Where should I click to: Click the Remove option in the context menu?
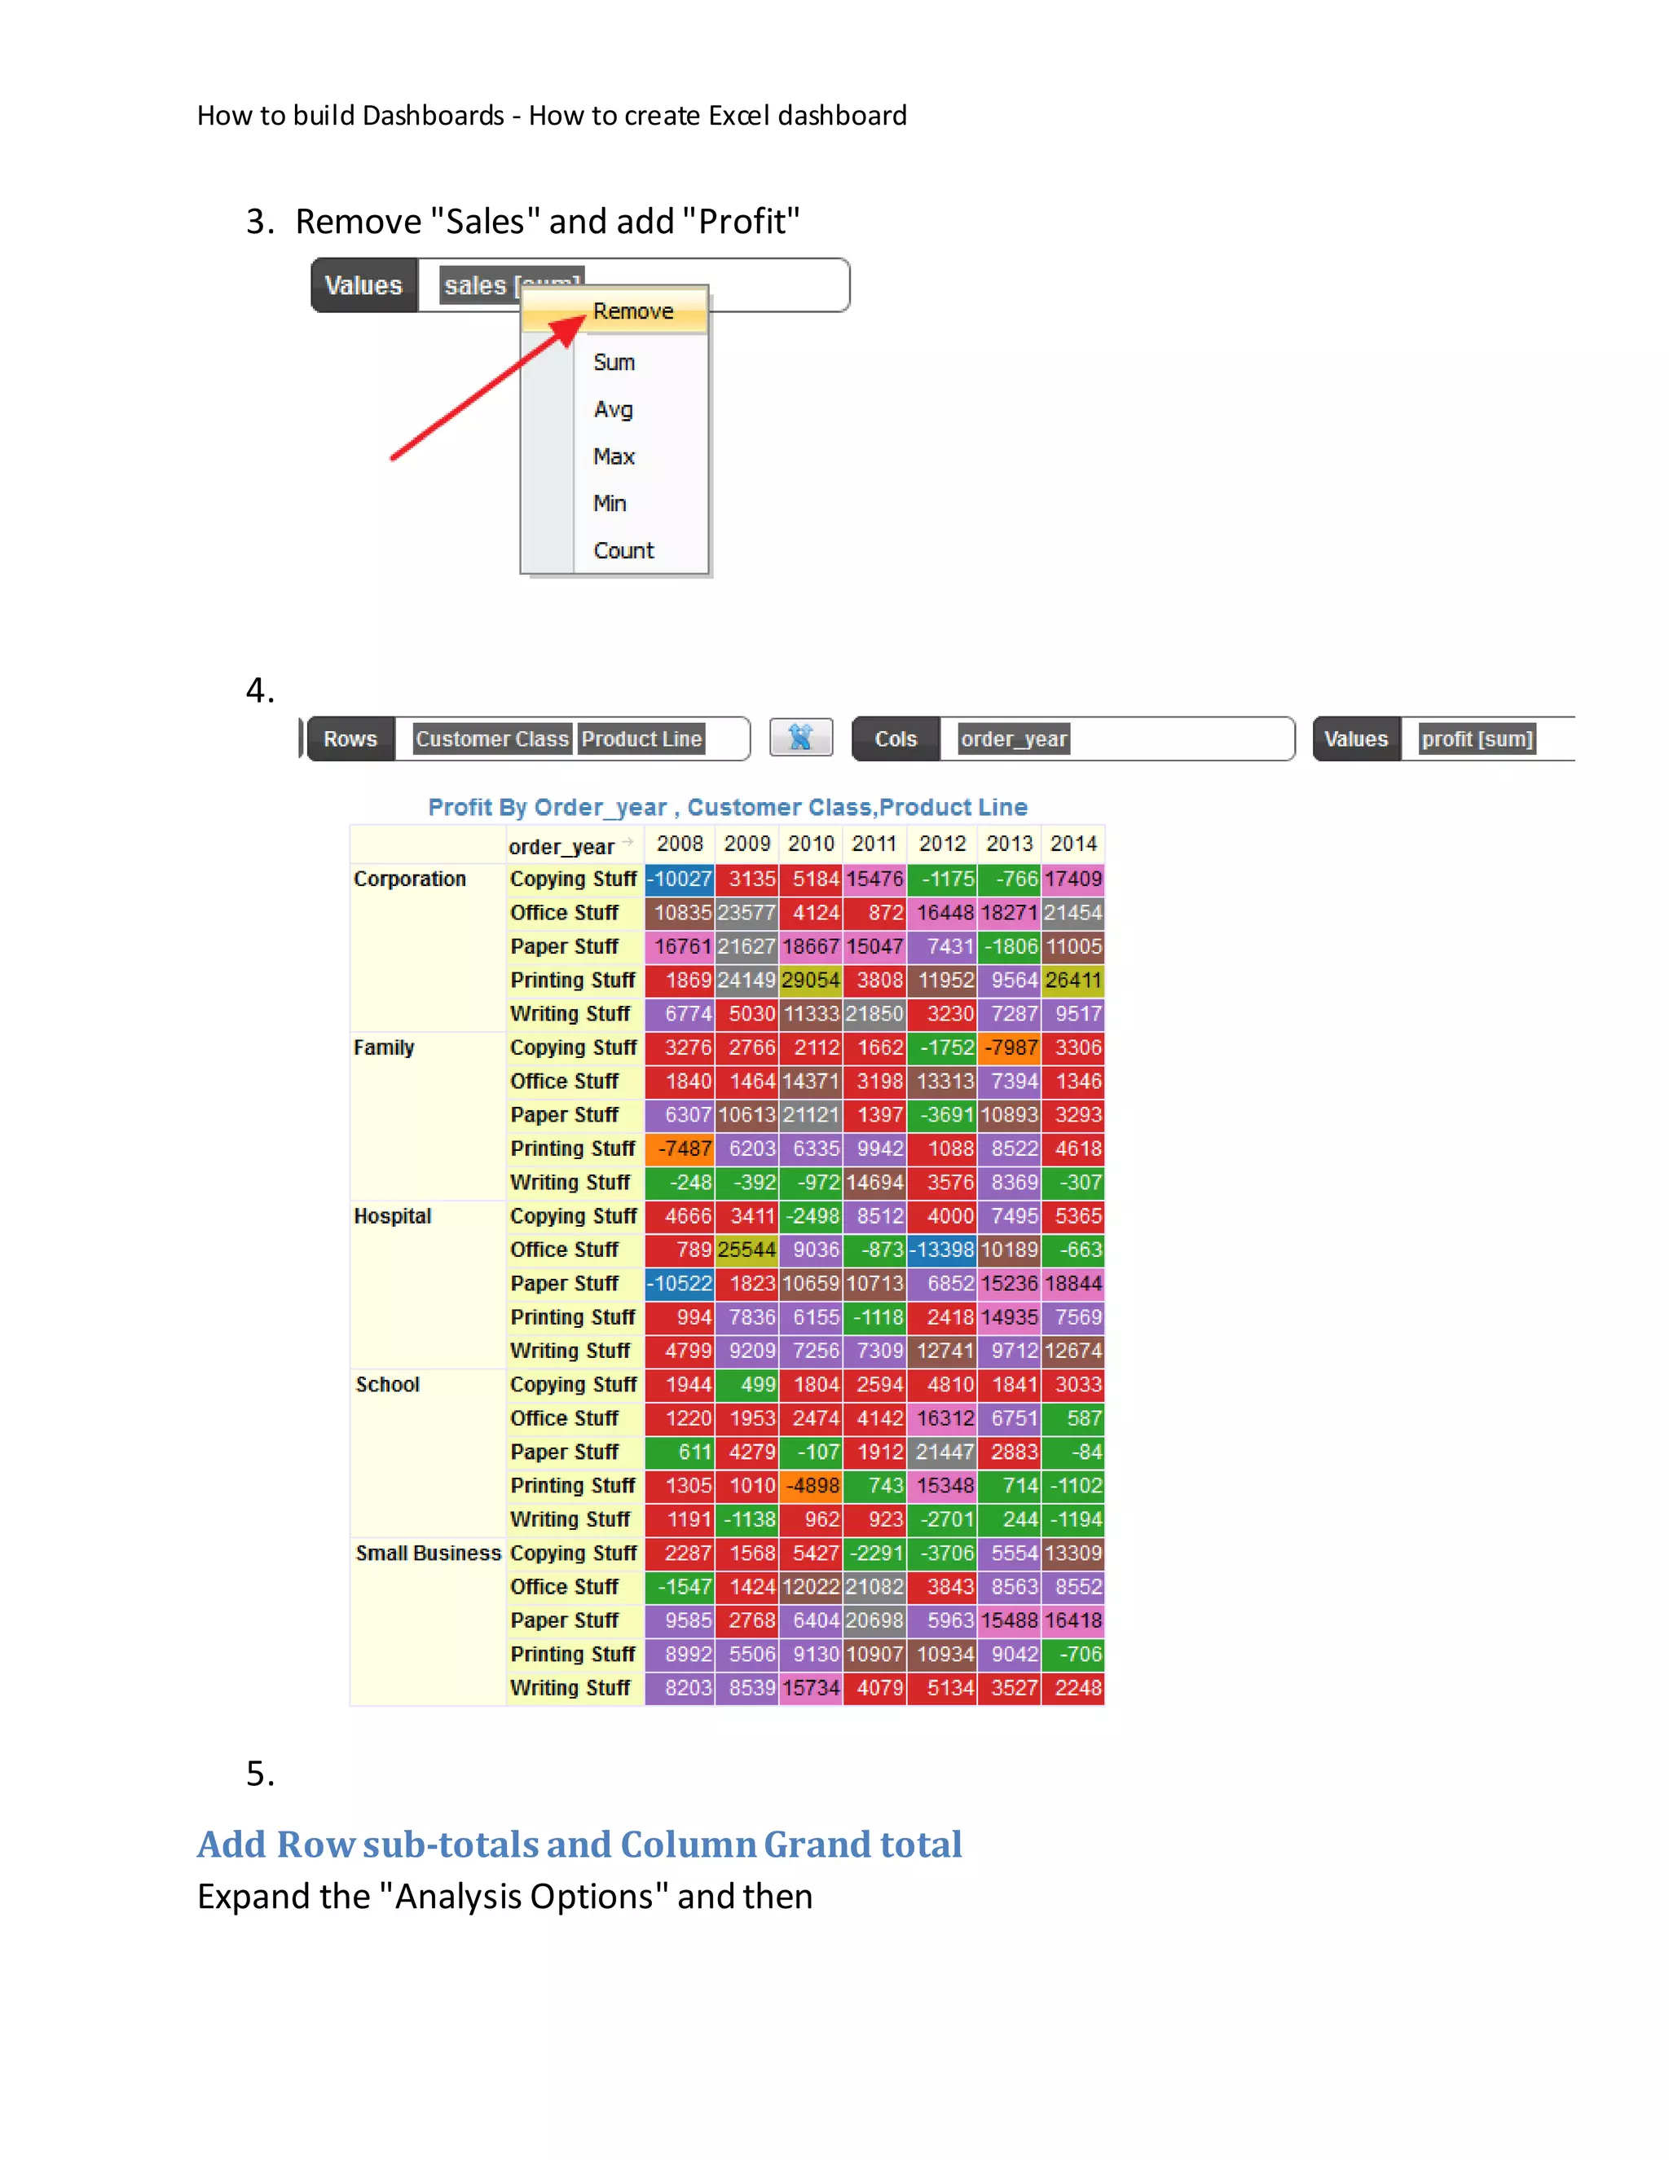pyautogui.click(x=632, y=311)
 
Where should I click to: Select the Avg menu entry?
pyautogui.click(x=613, y=409)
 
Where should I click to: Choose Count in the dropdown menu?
pyautogui.click(x=623, y=551)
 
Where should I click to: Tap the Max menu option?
pyautogui.click(x=613, y=457)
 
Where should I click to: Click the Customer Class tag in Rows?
pyautogui.click(x=491, y=738)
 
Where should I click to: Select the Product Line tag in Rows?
pyautogui.click(x=641, y=738)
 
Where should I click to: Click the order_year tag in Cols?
pyautogui.click(x=1014, y=738)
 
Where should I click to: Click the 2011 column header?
pyautogui.click(x=874, y=844)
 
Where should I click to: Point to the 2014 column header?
pyautogui.click(x=1072, y=844)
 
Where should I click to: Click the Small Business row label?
pyautogui.click(x=428, y=1554)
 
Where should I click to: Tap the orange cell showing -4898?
pyautogui.click(x=811, y=1485)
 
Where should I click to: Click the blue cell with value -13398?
pyautogui.click(x=942, y=1250)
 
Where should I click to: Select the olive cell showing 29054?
pyautogui.click(x=811, y=980)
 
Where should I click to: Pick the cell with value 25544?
pyautogui.click(x=746, y=1250)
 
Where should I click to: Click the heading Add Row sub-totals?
pyautogui.click(x=579, y=1845)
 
